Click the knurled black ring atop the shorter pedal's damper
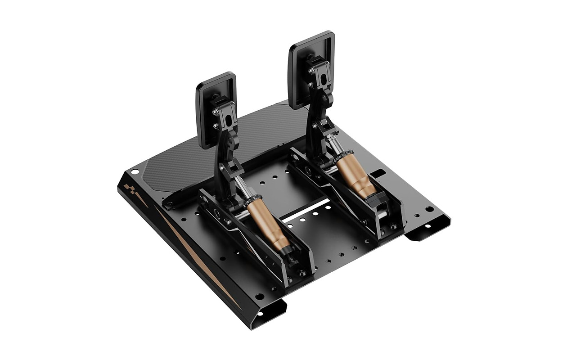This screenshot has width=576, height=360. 253,200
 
